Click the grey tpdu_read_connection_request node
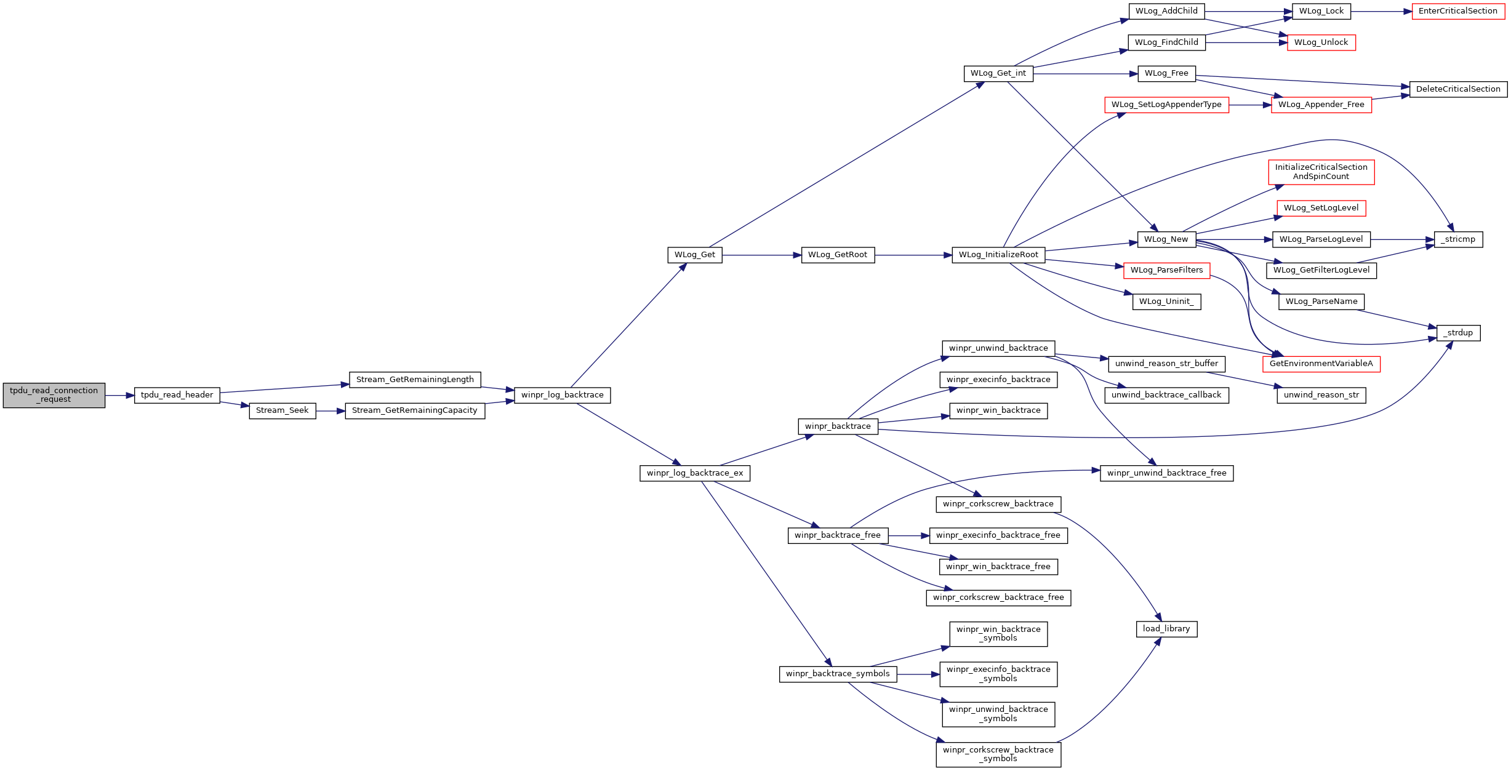click(x=54, y=395)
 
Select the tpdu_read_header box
click(x=177, y=395)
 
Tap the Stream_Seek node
click(x=283, y=410)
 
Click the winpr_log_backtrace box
click(x=563, y=395)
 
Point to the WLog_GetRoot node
click(x=838, y=255)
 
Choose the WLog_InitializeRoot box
click(x=998, y=255)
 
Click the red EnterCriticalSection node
click(x=1458, y=11)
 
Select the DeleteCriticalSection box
click(x=1458, y=89)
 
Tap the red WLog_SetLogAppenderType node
click(x=1167, y=105)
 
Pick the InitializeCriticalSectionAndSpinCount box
click(x=1321, y=172)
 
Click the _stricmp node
click(x=1458, y=239)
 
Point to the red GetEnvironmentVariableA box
click(x=1321, y=364)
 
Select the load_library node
click(x=1166, y=629)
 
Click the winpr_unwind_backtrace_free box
click(x=1167, y=473)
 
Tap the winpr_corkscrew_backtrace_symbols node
click(x=998, y=754)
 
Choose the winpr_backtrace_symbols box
click(x=838, y=674)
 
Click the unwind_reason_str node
click(x=1321, y=395)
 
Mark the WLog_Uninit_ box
click(x=1166, y=302)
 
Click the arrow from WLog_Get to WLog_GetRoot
click(x=761, y=255)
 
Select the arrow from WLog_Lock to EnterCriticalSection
click(x=1382, y=11)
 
